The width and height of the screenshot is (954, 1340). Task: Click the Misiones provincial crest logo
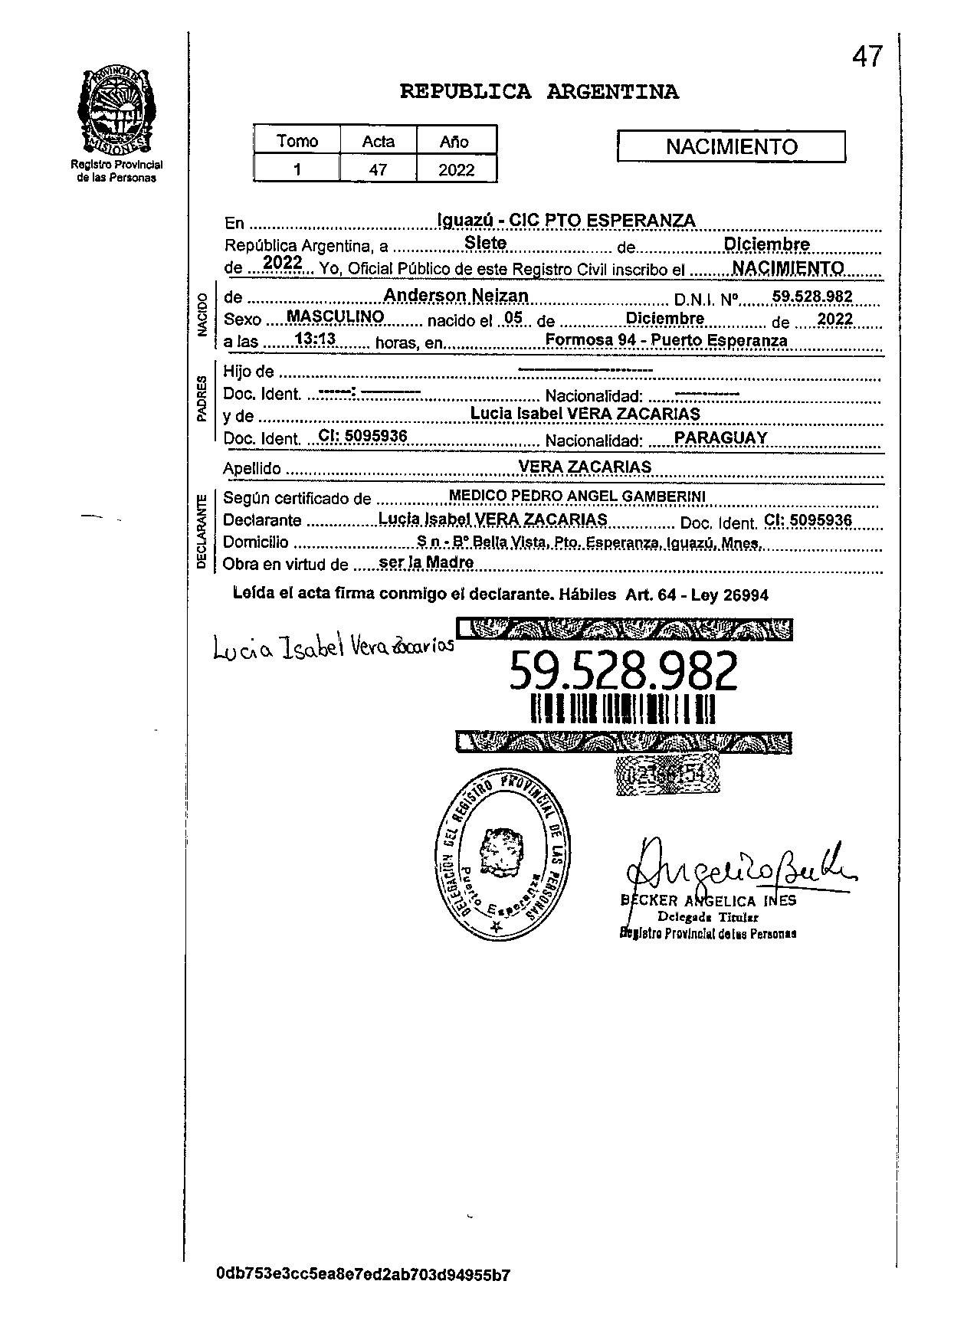tap(117, 111)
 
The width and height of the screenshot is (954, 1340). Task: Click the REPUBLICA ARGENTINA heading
tap(539, 93)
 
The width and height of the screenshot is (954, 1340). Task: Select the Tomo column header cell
tap(297, 141)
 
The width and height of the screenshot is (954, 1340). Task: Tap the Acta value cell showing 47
tap(378, 169)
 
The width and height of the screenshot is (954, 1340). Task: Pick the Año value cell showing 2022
tap(456, 169)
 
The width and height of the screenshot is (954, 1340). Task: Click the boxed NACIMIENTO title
tap(731, 146)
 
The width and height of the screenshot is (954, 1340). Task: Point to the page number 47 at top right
tap(867, 57)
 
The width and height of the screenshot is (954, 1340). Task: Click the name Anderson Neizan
tap(455, 296)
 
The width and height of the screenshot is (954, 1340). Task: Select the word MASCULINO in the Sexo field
tap(334, 316)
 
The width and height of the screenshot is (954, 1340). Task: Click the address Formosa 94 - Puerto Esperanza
tap(665, 340)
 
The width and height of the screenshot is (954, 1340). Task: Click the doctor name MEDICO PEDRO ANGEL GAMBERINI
tap(576, 496)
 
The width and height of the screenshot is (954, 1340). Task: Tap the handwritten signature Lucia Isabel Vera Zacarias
tap(334, 649)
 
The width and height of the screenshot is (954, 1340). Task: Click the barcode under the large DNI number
tap(623, 709)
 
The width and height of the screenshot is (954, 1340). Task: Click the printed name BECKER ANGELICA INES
tap(709, 901)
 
